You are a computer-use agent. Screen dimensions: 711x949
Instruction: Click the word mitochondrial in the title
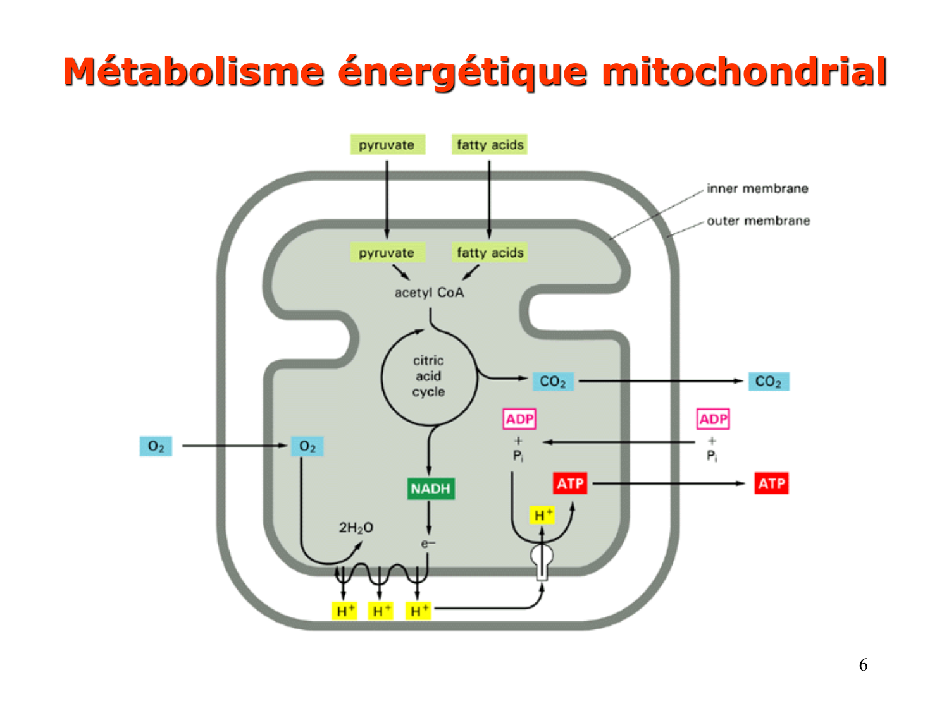(x=744, y=71)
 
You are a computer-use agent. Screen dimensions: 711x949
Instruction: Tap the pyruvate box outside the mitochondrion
(x=387, y=145)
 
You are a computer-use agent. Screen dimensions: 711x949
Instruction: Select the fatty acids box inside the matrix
(x=490, y=253)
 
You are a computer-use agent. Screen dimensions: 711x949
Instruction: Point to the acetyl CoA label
(x=429, y=293)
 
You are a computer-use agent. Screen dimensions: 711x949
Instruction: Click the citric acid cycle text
(x=428, y=376)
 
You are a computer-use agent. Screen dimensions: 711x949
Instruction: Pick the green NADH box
(x=430, y=489)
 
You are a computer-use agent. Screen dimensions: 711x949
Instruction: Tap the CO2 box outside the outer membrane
(x=768, y=382)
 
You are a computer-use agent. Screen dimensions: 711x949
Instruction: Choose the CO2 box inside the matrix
(x=552, y=382)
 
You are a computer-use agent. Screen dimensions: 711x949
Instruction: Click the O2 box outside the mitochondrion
(x=156, y=446)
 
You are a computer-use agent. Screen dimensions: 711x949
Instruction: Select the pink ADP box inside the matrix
(x=519, y=419)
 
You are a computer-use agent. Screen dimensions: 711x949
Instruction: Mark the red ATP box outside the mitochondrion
(x=771, y=484)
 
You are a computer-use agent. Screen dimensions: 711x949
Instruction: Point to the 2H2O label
(x=356, y=527)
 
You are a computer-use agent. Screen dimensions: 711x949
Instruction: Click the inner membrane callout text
(x=757, y=188)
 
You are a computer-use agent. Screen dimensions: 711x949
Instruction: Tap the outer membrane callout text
(x=758, y=221)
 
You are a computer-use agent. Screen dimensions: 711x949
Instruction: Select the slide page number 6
(x=863, y=665)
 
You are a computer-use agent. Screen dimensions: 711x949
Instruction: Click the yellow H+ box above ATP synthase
(x=542, y=515)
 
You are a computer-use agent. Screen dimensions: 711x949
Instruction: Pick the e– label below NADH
(x=428, y=544)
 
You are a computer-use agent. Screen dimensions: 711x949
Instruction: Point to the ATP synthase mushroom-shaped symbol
(x=542, y=560)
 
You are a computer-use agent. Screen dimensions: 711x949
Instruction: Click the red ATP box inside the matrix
(x=570, y=484)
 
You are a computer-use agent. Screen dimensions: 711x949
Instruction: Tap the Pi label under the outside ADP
(x=712, y=456)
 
